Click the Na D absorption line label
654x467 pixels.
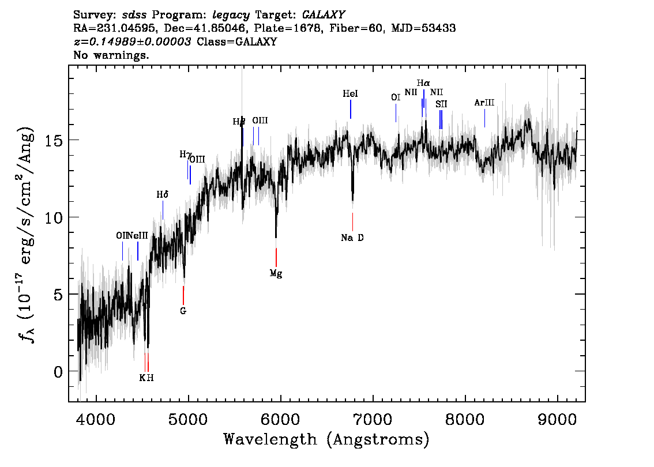pos(352,238)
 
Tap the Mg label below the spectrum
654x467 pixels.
pos(276,273)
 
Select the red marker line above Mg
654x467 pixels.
pos(276,257)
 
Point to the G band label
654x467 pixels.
pos(183,311)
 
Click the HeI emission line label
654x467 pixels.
pos(350,94)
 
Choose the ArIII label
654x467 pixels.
pos(484,103)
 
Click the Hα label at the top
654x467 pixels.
pos(423,84)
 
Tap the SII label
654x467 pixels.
pos(441,104)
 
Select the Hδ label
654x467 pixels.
pos(163,195)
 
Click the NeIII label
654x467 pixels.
pos(137,235)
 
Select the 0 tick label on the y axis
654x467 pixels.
pos(57,371)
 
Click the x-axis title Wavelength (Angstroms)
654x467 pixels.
pos(326,439)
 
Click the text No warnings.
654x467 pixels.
pos(111,56)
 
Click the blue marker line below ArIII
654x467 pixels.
pos(484,118)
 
